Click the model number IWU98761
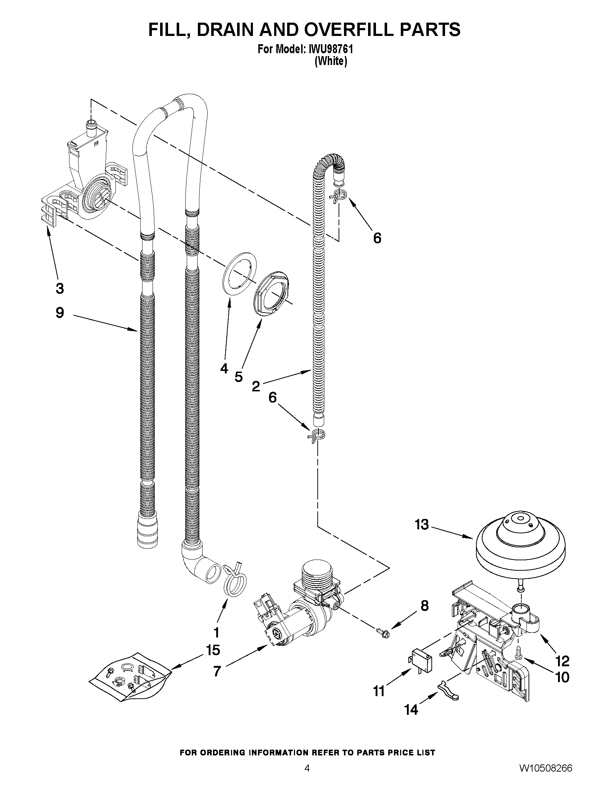point(330,49)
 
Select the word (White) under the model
point(331,61)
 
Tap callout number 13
point(422,525)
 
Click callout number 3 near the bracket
point(60,289)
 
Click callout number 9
point(60,313)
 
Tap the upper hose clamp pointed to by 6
point(338,196)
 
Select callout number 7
point(217,671)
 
